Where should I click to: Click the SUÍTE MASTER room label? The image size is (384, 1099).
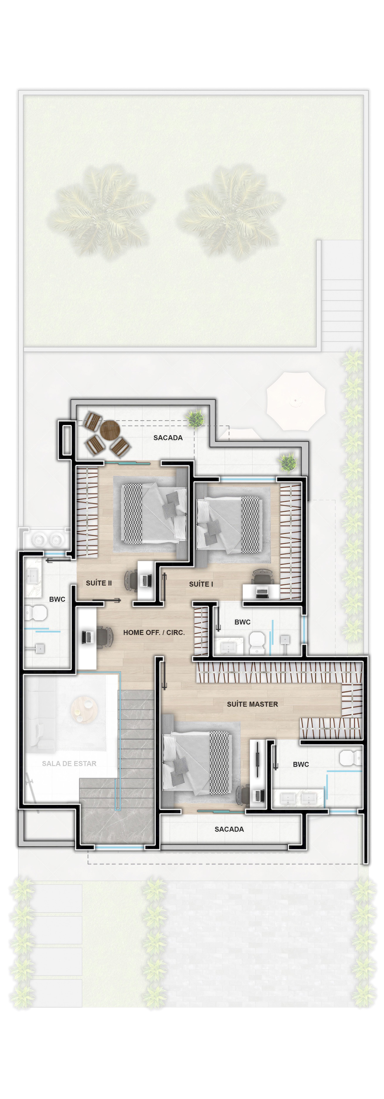pyautogui.click(x=252, y=704)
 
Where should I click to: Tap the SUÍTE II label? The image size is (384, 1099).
pyautogui.click(x=99, y=583)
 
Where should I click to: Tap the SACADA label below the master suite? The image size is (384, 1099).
pyautogui.click(x=229, y=829)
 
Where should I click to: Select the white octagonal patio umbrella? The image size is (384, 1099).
pyautogui.click(x=296, y=401)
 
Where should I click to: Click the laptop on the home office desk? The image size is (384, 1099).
pyautogui.click(x=87, y=637)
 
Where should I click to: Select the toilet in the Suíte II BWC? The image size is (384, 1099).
pyautogui.click(x=36, y=613)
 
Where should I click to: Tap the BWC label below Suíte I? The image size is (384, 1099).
pyautogui.click(x=243, y=622)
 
